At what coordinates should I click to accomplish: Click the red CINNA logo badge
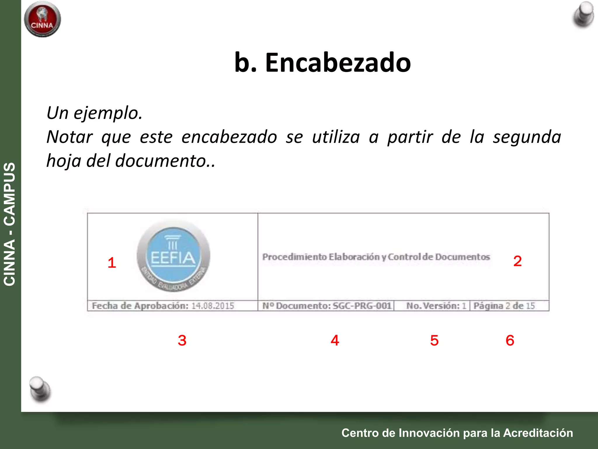click(42, 19)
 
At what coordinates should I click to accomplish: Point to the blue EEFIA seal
click(173, 255)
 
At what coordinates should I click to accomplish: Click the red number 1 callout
click(112, 263)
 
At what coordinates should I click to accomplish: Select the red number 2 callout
click(517, 261)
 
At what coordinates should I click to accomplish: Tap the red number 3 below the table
click(182, 340)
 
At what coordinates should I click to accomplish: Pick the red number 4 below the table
click(335, 340)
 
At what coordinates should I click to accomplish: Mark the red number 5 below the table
click(434, 340)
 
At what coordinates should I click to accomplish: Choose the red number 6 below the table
click(510, 340)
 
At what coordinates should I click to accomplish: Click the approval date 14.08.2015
click(213, 306)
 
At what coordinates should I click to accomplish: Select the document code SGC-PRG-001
click(362, 306)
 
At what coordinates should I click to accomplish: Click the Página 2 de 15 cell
click(504, 306)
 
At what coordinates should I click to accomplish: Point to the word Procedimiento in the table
click(294, 257)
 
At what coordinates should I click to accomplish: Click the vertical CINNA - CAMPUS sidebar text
click(10, 224)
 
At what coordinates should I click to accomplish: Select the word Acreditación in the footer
click(538, 433)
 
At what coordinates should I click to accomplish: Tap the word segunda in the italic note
click(527, 137)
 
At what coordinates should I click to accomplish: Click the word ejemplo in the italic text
click(107, 113)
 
